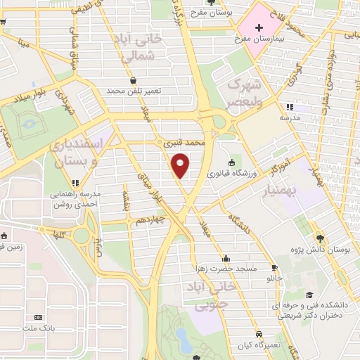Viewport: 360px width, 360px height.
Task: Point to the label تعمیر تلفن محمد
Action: (x=134, y=91)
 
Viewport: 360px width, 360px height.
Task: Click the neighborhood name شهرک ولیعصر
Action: (x=238, y=93)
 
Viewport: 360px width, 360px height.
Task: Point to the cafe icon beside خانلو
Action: (x=274, y=267)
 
